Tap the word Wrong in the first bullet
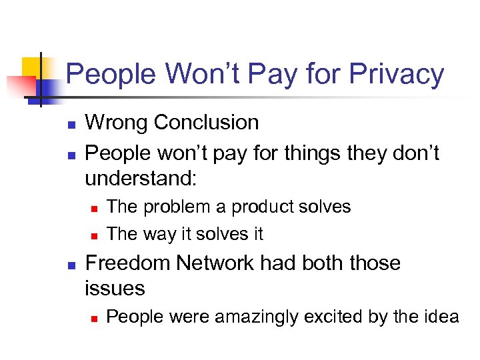[117, 123]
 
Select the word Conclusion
[207, 123]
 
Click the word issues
[115, 289]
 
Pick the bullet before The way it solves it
[94, 235]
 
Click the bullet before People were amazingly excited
[94, 318]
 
